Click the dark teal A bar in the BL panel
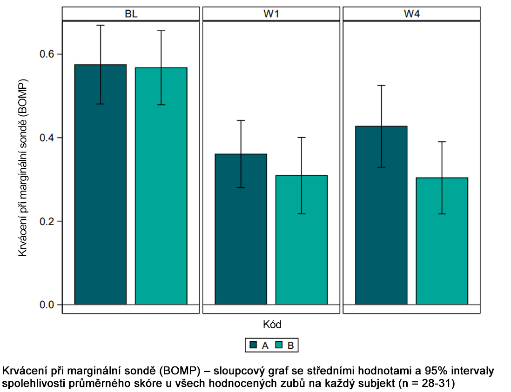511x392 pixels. click(x=101, y=186)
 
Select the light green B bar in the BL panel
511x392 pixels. click(x=161, y=186)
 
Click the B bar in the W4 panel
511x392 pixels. click(x=442, y=242)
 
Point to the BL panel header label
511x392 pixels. click(x=131, y=14)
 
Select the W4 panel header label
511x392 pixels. click(x=411, y=14)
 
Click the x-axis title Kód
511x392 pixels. click(x=271, y=324)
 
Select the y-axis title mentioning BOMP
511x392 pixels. click(x=23, y=167)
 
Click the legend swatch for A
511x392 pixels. click(x=254, y=345)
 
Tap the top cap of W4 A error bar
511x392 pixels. click(x=381, y=86)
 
